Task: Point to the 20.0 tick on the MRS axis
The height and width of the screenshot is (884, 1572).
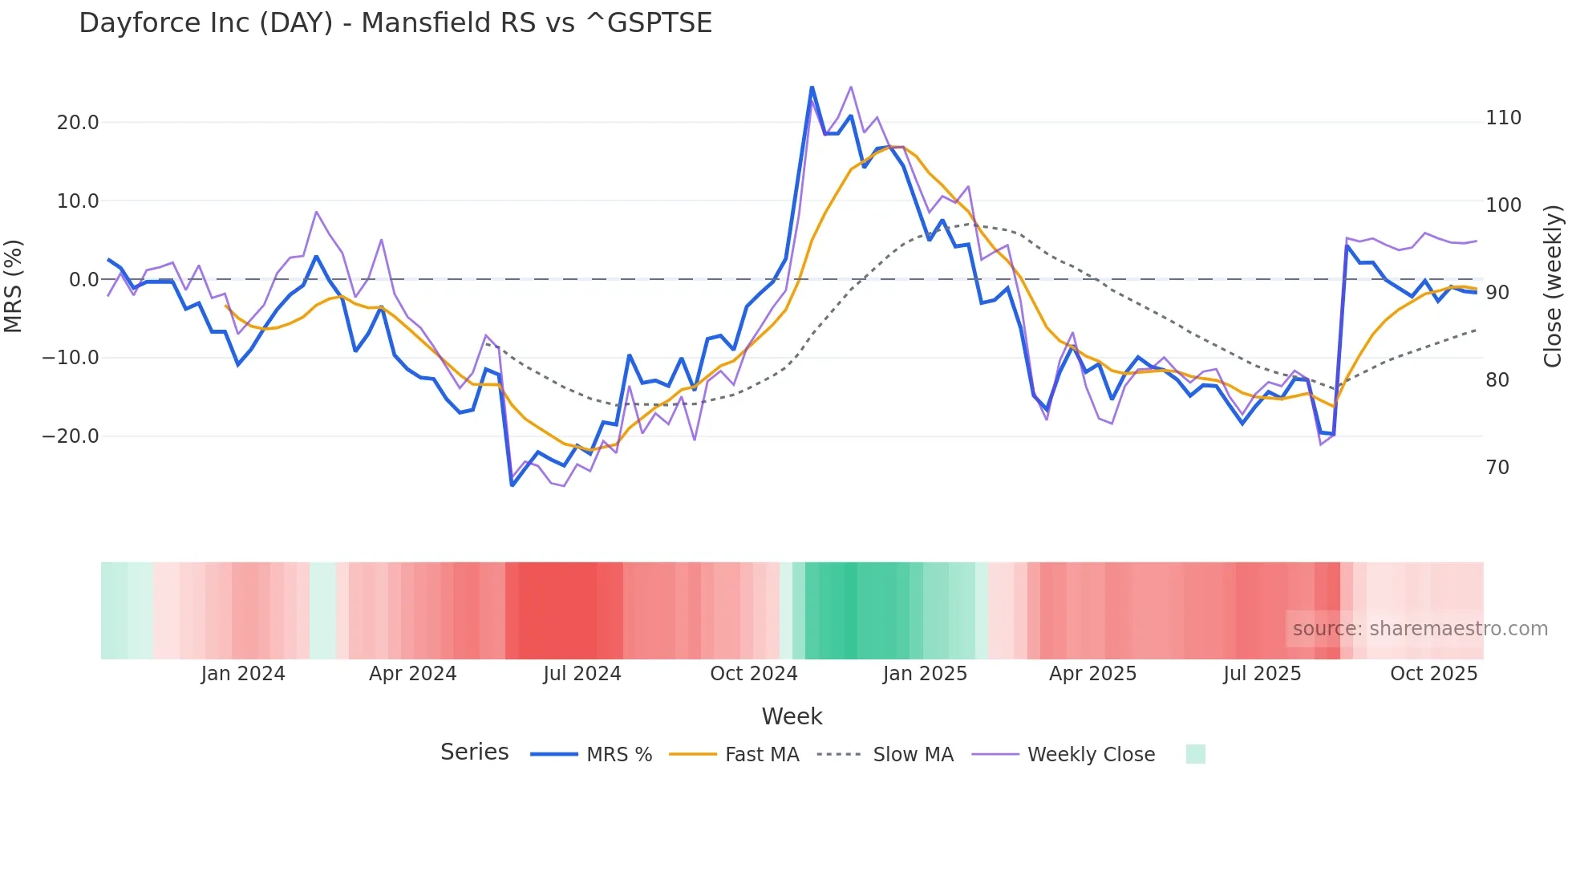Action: click(x=78, y=122)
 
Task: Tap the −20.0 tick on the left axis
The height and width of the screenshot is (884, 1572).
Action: click(x=71, y=436)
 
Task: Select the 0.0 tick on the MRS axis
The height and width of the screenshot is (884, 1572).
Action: click(x=83, y=279)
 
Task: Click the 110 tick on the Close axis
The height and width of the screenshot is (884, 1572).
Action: click(x=1503, y=118)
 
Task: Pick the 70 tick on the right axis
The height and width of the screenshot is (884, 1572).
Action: click(x=1497, y=467)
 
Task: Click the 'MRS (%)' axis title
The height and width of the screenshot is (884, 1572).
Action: click(x=14, y=286)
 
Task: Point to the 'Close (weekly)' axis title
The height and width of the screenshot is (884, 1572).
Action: click(x=1553, y=286)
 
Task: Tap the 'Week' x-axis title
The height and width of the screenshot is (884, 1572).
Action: click(x=792, y=716)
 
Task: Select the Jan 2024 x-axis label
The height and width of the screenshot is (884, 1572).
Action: click(x=242, y=674)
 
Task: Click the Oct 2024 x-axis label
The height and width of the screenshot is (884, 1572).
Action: click(x=753, y=674)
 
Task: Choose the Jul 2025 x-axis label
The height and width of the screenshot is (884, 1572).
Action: click(x=1262, y=674)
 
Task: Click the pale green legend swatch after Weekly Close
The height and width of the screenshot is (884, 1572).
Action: click(x=1195, y=754)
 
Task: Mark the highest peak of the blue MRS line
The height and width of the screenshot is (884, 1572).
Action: click(x=812, y=87)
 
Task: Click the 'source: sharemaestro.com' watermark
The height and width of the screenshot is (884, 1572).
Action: click(x=1420, y=629)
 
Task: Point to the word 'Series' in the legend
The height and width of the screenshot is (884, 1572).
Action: click(x=474, y=752)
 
